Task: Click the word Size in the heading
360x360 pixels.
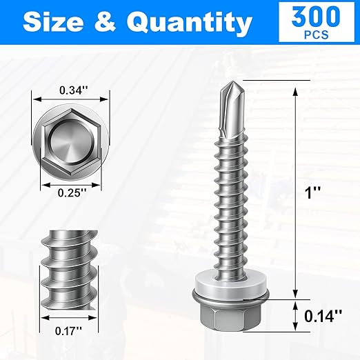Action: (x=55, y=23)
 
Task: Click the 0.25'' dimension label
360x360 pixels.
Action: (x=72, y=193)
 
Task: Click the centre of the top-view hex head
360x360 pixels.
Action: (x=72, y=141)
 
